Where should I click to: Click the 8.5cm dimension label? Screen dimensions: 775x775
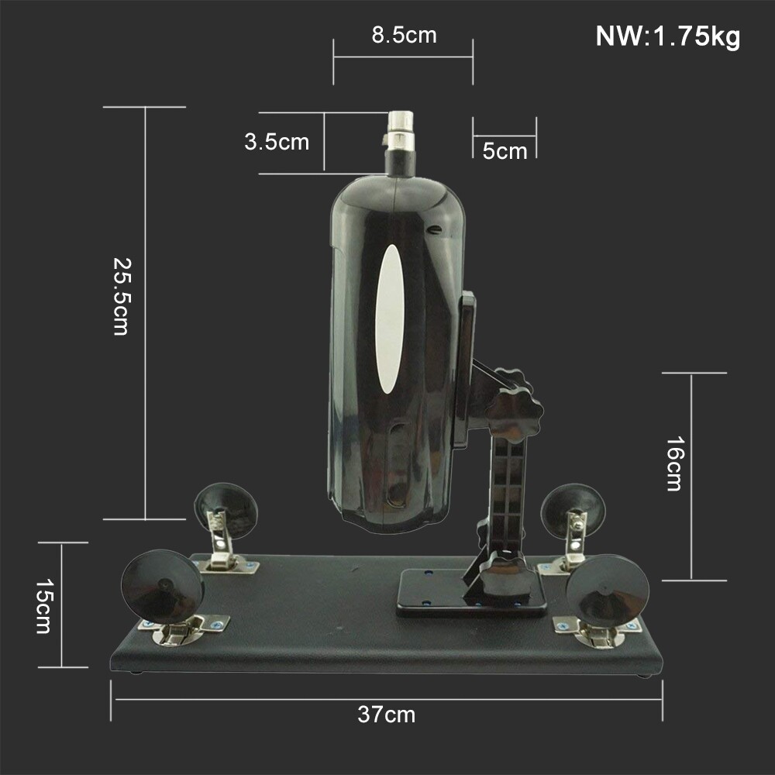404,36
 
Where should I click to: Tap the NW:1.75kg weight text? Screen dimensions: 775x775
667,36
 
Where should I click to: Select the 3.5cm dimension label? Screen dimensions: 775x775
277,143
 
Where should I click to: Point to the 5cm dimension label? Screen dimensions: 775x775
505,150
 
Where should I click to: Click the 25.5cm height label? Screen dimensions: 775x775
121,295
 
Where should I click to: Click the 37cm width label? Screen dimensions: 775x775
386,715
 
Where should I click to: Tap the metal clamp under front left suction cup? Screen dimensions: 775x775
179,631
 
